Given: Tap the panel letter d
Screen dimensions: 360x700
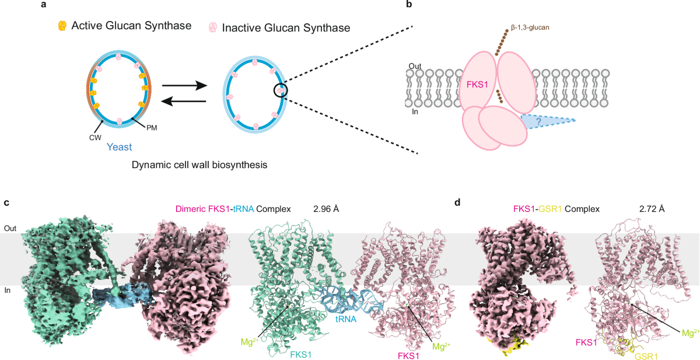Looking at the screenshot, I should pos(457,202).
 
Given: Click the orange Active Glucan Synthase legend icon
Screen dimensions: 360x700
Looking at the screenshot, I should pos(61,26).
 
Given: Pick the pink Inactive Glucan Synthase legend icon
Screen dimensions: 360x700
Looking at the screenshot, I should pos(213,27).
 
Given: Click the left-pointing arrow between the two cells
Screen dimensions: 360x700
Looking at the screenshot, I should pos(184,101).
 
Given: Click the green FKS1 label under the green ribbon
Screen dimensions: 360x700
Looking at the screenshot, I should pos(301,354).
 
